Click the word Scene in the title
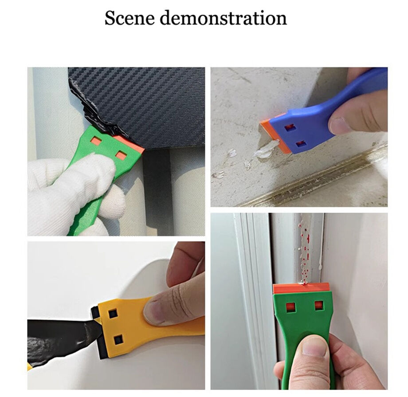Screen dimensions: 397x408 129,19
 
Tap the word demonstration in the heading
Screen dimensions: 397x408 223,19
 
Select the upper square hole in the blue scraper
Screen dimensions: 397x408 290,128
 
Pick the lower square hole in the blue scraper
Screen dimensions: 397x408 301,143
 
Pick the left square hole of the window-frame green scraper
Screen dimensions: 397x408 290,307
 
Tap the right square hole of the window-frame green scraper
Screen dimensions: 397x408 318,306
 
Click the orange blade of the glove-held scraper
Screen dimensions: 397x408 133,144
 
